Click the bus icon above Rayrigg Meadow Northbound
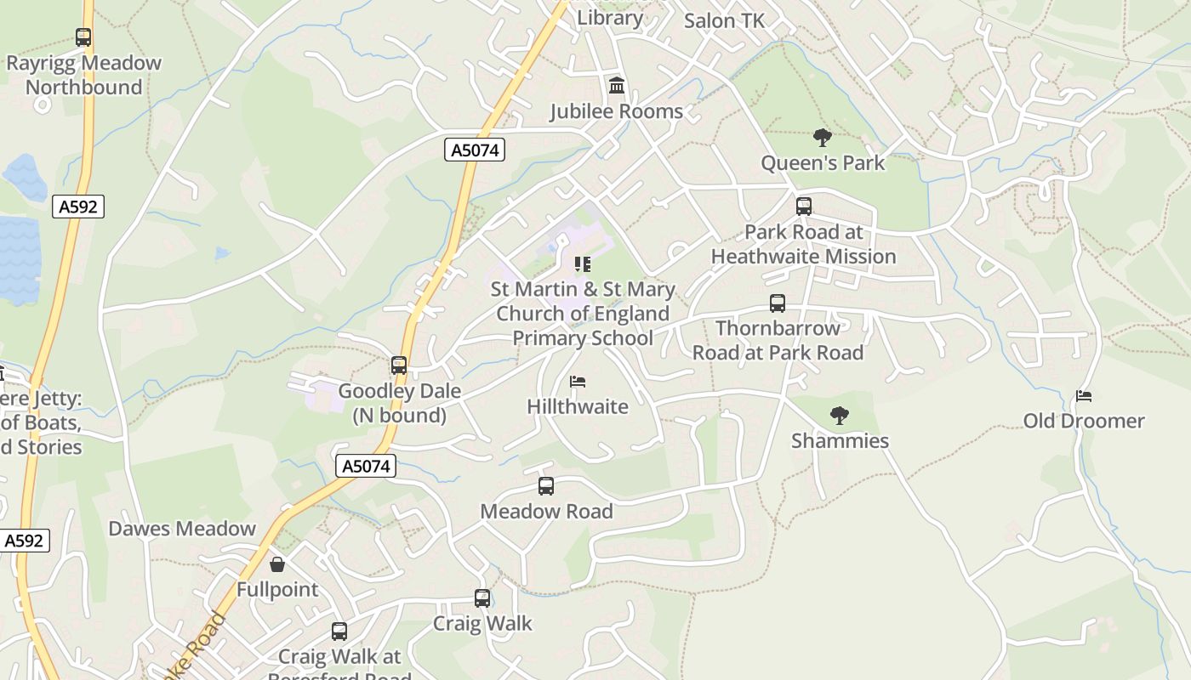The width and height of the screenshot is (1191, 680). tap(83, 37)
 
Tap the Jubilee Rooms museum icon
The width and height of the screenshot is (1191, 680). tap(617, 86)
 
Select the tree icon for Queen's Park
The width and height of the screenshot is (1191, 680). tap(822, 137)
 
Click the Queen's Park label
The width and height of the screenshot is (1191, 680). tap(823, 162)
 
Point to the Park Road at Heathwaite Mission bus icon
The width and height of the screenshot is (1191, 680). tap(804, 206)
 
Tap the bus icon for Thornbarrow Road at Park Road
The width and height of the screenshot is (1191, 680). tap(778, 303)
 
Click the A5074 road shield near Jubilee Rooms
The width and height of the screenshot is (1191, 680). tap(475, 150)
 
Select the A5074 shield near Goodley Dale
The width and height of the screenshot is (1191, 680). tap(366, 466)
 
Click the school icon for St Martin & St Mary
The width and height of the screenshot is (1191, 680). tap(583, 263)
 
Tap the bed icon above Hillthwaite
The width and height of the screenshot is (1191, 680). tap(578, 381)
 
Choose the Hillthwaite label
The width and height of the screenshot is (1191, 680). tap(578, 406)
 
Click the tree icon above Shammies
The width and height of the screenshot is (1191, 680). tap(840, 416)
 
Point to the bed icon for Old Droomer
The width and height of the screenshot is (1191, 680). tap(1084, 395)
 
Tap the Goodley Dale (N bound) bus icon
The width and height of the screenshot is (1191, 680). tap(399, 365)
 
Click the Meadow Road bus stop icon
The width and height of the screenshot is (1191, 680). tap(546, 486)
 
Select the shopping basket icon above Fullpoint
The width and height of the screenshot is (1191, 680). tap(277, 564)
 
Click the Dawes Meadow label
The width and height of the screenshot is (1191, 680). tap(182, 529)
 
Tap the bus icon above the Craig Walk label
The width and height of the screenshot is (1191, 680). tap(482, 598)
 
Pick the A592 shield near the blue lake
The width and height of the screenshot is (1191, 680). tap(78, 207)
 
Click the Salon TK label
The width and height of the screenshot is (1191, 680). tap(725, 20)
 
